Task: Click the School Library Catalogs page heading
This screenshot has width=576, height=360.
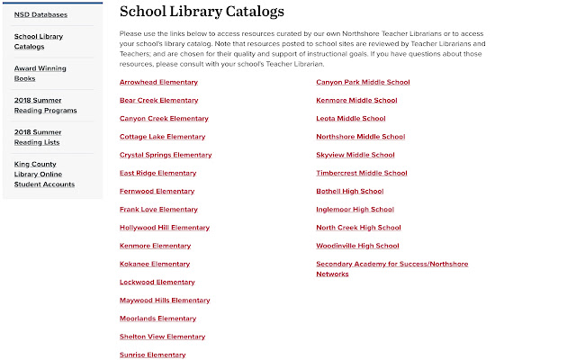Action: pyautogui.click(x=202, y=13)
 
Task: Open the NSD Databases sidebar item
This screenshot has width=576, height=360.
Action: pyautogui.click(x=40, y=14)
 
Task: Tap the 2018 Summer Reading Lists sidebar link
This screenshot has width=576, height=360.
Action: pyautogui.click(x=38, y=137)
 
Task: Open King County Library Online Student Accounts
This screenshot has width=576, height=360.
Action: pyautogui.click(x=41, y=174)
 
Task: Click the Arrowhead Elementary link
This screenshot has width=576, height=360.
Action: pyautogui.click(x=158, y=82)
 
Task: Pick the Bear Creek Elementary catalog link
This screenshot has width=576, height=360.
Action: pyautogui.click(x=159, y=100)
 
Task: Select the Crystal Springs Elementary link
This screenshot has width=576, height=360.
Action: pyautogui.click(x=166, y=155)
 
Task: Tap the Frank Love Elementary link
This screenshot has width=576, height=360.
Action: pyautogui.click(x=158, y=210)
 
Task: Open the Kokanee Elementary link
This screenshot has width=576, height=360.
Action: pyautogui.click(x=155, y=264)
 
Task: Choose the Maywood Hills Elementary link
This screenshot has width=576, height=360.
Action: pyautogui.click(x=165, y=301)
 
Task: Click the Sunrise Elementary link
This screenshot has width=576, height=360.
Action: pyautogui.click(x=152, y=355)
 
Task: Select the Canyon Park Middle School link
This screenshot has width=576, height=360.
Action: pyautogui.click(x=363, y=82)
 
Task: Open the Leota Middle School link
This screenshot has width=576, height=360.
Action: pyautogui.click(x=351, y=118)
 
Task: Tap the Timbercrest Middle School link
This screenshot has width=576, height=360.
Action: pyautogui.click(x=362, y=173)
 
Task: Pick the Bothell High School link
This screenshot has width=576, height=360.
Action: pyautogui.click(x=350, y=191)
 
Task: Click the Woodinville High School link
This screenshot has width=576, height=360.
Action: pyautogui.click(x=357, y=246)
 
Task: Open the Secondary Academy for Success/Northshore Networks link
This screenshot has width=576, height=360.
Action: pyautogui.click(x=391, y=268)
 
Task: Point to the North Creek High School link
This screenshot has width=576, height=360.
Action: pyautogui.click(x=358, y=228)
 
